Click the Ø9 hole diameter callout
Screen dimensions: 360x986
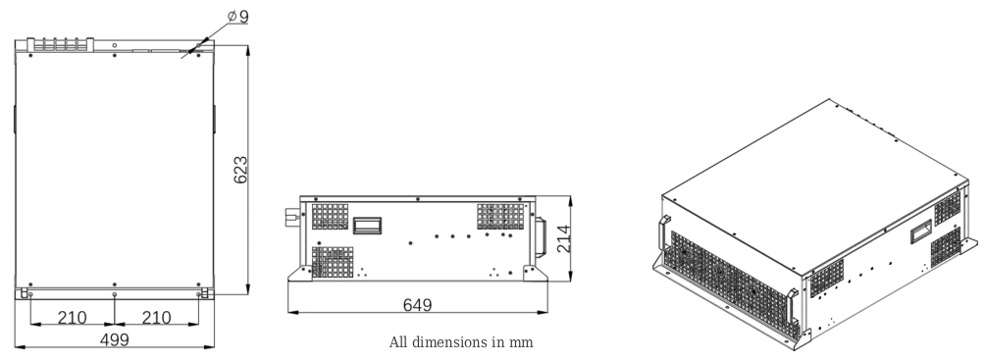pos(236,17)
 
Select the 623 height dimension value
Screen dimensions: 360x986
pos(239,171)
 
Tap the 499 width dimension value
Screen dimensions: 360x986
pos(116,339)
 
